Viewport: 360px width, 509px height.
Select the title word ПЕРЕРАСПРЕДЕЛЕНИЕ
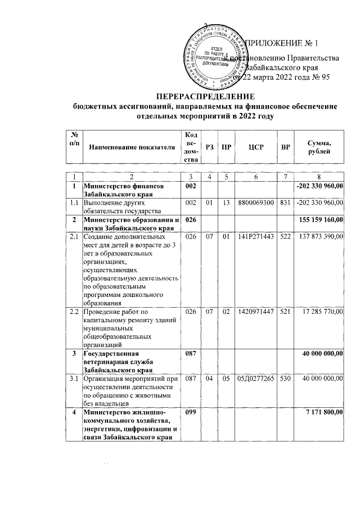(x=206, y=96)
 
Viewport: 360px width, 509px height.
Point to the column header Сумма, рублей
(x=319, y=147)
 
